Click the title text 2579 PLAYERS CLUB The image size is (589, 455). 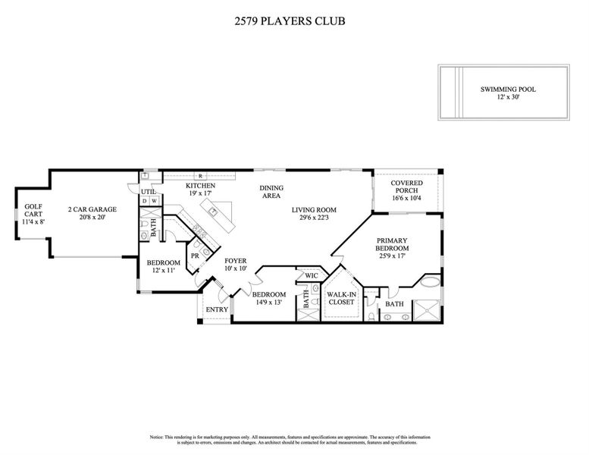tap(290, 21)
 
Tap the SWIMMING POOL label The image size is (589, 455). tap(508, 89)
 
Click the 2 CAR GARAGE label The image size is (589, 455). tap(92, 209)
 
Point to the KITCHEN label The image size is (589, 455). tap(201, 186)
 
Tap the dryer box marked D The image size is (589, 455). tap(144, 201)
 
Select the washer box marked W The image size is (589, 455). tap(154, 201)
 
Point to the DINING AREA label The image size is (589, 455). tap(271, 192)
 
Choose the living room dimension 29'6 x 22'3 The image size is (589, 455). tap(314, 219)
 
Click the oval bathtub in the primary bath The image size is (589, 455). tap(429, 286)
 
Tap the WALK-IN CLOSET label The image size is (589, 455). tap(340, 297)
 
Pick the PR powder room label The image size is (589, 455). tap(195, 256)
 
